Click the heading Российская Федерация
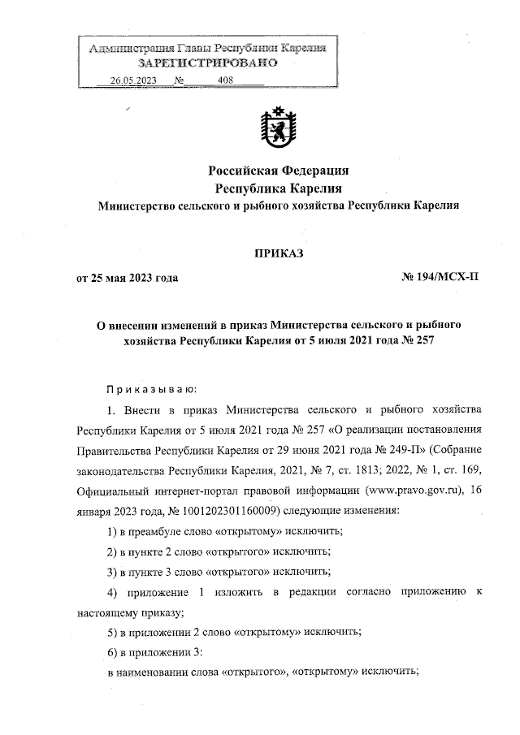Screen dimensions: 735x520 [279, 171]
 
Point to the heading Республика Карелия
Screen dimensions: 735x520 [279, 188]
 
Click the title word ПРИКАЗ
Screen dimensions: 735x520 [279, 253]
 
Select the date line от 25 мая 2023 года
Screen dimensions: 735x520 [127, 278]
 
